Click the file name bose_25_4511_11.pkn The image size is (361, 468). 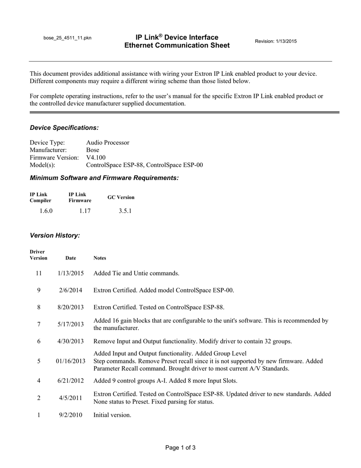click(x=67, y=37)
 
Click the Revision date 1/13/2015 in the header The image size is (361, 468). click(x=276, y=42)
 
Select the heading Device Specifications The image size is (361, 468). click(x=64, y=127)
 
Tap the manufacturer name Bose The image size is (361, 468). click(x=93, y=150)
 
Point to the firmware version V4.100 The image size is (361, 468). click(x=96, y=157)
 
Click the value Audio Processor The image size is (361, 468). click(x=108, y=143)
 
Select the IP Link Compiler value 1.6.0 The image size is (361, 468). click(x=46, y=211)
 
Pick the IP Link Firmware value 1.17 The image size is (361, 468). click(x=84, y=211)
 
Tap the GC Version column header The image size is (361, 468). click(x=121, y=197)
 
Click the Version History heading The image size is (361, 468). click(x=55, y=235)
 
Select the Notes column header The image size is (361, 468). click(x=99, y=258)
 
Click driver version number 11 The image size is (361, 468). click(x=39, y=273)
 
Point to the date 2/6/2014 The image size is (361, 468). click(x=71, y=290)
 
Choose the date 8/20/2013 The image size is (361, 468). click(x=71, y=307)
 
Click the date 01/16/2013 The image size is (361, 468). click(x=71, y=361)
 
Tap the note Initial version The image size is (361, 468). click(x=112, y=415)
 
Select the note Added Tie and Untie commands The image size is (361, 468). click(x=136, y=273)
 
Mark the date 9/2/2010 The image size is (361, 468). click(x=71, y=415)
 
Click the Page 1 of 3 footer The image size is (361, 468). click(x=180, y=447)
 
